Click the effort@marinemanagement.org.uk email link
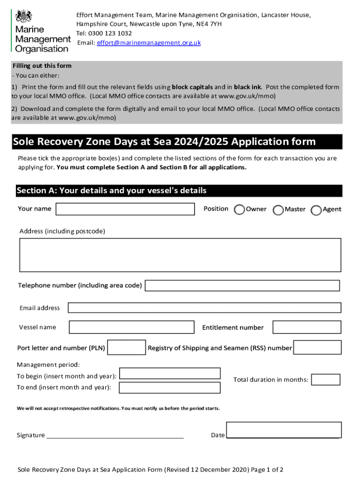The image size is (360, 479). (x=149, y=43)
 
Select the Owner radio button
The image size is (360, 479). (x=240, y=210)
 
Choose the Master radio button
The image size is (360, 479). (x=278, y=210)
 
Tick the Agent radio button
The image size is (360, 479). (x=317, y=210)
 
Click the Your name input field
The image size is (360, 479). (x=125, y=209)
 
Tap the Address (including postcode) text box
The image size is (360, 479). (x=180, y=254)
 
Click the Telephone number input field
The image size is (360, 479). (x=243, y=285)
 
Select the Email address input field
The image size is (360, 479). (x=204, y=308)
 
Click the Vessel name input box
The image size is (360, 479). (x=131, y=327)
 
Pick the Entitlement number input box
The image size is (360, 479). (x=307, y=327)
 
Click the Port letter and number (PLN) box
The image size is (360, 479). (x=127, y=348)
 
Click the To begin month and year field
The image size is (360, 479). (x=170, y=373)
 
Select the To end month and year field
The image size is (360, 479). (x=170, y=387)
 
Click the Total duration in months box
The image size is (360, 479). (x=325, y=379)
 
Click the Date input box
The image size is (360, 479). (x=284, y=430)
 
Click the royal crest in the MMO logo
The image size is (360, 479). (x=24, y=17)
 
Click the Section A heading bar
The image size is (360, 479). (x=180, y=191)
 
